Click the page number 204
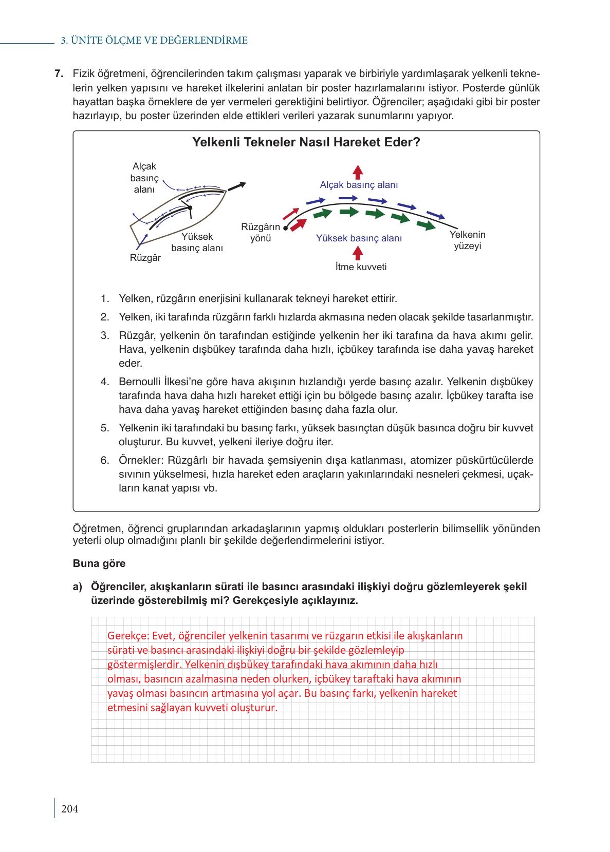coord(69,809)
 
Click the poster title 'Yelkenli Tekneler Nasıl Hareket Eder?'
coord(306,142)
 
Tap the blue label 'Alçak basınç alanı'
coord(359,185)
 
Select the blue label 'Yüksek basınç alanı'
coord(359,238)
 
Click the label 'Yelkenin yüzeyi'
coord(467,240)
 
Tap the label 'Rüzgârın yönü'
coord(261,233)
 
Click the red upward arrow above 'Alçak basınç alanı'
coord(358,171)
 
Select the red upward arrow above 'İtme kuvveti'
coord(358,253)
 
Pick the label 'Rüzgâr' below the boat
coord(145,258)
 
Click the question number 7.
coord(59,73)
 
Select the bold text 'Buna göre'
coord(99,563)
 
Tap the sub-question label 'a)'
coord(78,586)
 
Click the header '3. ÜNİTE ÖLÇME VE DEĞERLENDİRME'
coord(154,41)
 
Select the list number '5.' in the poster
coord(105,428)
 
